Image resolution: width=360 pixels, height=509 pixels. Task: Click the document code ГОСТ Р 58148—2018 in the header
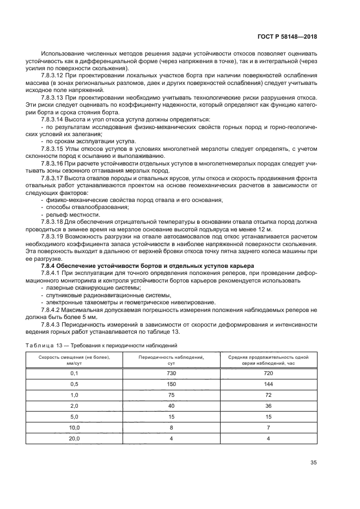287,36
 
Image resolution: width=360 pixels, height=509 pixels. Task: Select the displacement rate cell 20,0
75,438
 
